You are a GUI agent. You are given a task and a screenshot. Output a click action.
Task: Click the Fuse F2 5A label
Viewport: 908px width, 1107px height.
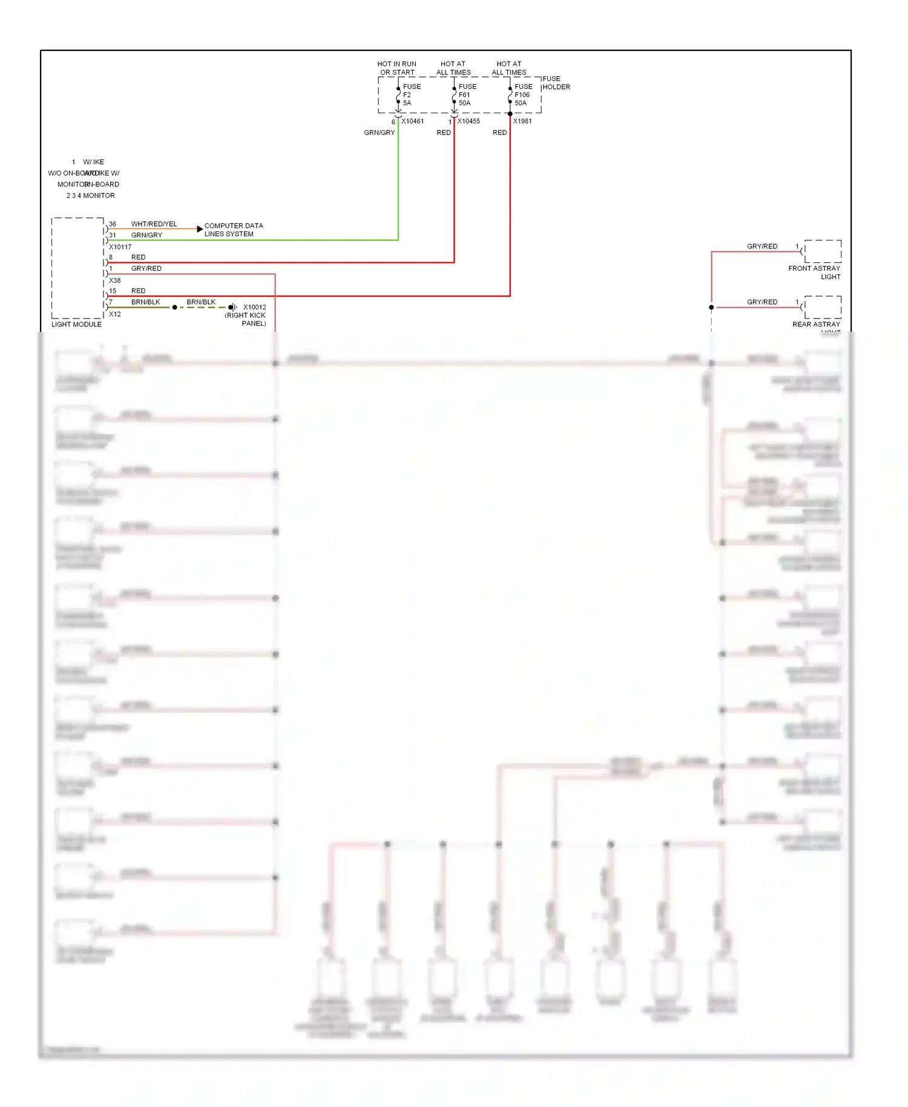point(411,95)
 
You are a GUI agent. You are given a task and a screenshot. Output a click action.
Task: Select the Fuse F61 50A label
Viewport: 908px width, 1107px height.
point(467,95)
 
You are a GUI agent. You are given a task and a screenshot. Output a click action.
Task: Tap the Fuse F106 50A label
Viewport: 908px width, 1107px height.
point(523,95)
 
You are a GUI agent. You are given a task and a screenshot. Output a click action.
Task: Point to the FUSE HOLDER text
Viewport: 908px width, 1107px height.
point(556,83)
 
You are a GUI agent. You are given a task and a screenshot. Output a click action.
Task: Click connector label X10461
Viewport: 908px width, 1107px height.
point(412,121)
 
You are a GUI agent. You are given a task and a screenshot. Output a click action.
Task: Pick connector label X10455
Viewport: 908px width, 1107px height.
point(469,121)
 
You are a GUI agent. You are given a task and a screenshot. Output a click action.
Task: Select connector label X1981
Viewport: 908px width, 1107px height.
point(522,121)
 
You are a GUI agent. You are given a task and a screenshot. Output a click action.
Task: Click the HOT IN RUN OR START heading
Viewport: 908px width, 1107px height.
point(397,68)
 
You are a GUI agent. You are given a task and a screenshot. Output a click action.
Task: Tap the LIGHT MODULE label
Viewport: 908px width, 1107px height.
point(76,325)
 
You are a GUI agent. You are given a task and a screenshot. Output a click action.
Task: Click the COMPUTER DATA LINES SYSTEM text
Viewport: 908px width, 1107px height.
point(234,230)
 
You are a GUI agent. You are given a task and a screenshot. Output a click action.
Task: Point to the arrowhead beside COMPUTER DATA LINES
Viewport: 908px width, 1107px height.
point(200,229)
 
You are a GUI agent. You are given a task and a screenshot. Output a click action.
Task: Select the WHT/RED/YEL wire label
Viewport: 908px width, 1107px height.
point(154,224)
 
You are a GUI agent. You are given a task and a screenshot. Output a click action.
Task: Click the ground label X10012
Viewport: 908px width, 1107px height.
point(254,307)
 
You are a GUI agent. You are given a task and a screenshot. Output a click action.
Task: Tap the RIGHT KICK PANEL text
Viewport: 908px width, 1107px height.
point(245,319)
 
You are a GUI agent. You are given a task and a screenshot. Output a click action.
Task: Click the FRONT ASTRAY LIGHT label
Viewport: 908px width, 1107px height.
point(814,273)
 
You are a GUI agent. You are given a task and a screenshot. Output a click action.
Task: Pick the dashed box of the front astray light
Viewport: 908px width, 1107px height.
point(823,251)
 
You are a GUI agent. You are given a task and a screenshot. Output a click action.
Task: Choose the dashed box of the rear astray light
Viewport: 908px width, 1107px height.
point(823,307)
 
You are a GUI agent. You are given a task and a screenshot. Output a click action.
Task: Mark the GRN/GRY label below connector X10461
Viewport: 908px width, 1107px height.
point(379,133)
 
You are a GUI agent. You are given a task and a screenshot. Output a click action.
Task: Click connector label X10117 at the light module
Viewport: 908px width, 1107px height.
point(120,247)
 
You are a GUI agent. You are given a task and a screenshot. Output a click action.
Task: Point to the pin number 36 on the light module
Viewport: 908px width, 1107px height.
point(113,224)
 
